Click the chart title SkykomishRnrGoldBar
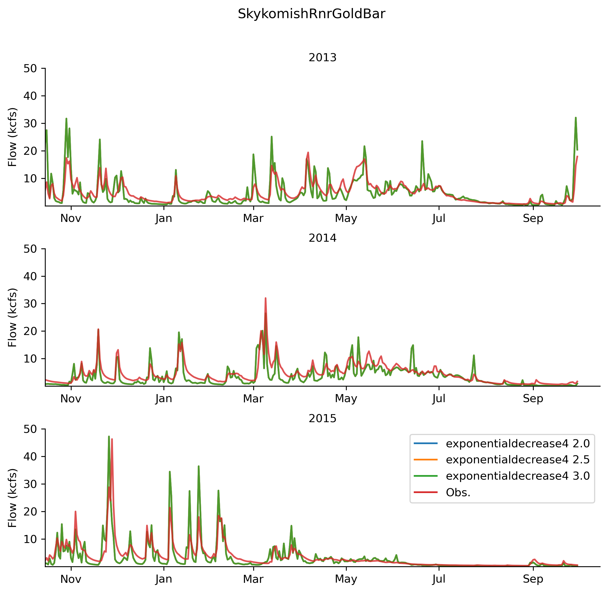pyautogui.click(x=311, y=14)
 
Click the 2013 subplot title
pyautogui.click(x=322, y=58)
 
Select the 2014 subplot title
pyautogui.click(x=322, y=238)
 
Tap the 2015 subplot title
pyautogui.click(x=322, y=419)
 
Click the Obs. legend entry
pyautogui.click(x=458, y=492)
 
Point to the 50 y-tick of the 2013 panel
pyautogui.click(x=30, y=68)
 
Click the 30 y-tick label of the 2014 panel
pyautogui.click(x=30, y=304)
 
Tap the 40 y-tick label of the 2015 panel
pyautogui.click(x=30, y=457)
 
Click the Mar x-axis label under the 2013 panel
pyautogui.click(x=253, y=219)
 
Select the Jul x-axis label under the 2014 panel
pyautogui.click(x=439, y=399)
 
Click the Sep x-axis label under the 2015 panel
pyautogui.click(x=533, y=579)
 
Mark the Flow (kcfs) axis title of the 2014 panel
pyautogui.click(x=13, y=318)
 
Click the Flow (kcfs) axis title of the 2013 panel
pyautogui.click(x=13, y=137)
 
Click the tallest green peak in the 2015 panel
pyautogui.click(x=109, y=437)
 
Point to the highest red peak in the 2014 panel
pyautogui.click(x=266, y=298)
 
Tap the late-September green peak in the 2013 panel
pyautogui.click(x=576, y=118)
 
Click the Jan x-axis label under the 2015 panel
pyautogui.click(x=164, y=579)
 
